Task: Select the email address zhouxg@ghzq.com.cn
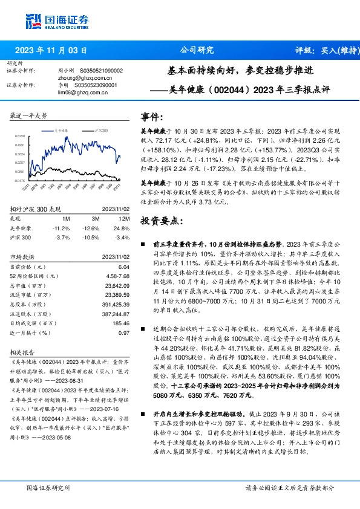click(79, 77)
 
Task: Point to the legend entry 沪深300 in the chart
click(101, 130)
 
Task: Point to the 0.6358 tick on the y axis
click(20, 137)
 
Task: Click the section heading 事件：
click(152, 117)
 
